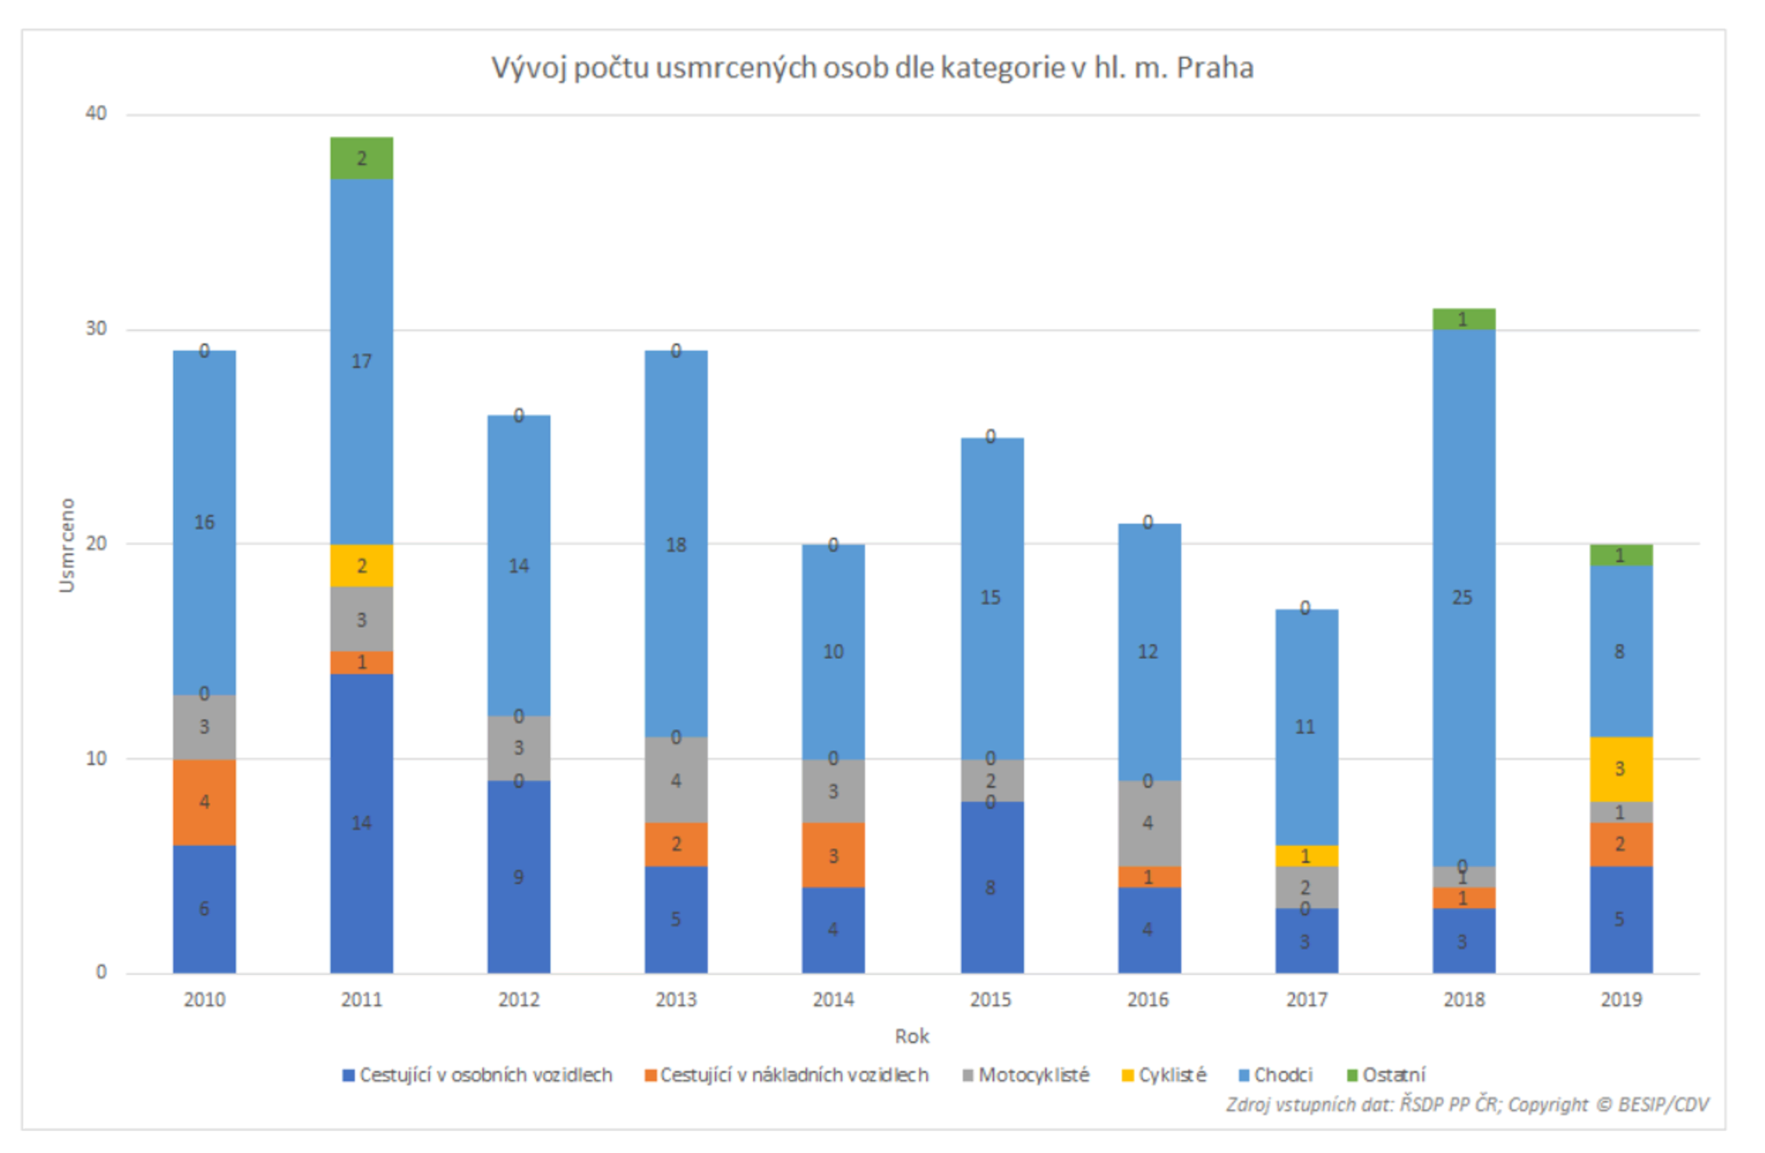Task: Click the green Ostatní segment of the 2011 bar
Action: pos(361,158)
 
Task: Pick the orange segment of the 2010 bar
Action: pos(204,802)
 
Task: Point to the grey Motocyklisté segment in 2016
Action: pos(1149,823)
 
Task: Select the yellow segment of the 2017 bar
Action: pos(1306,856)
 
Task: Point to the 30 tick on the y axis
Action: pos(96,329)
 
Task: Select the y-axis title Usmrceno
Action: pos(68,545)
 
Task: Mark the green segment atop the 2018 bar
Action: pos(1463,319)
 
